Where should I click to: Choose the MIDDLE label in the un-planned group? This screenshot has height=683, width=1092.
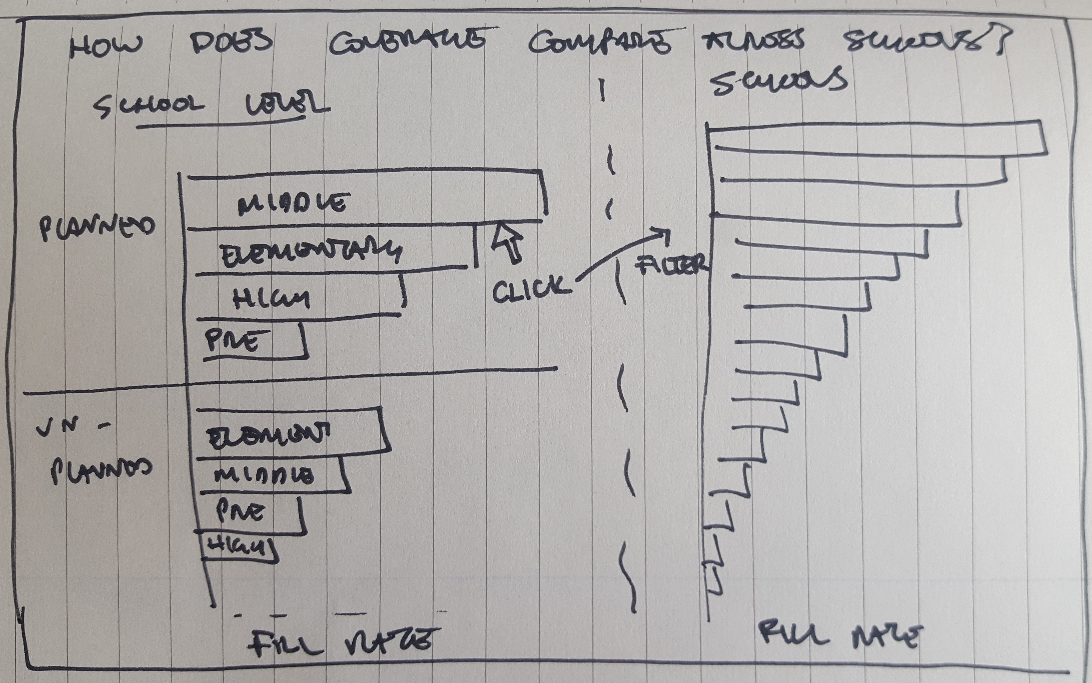point(264,475)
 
